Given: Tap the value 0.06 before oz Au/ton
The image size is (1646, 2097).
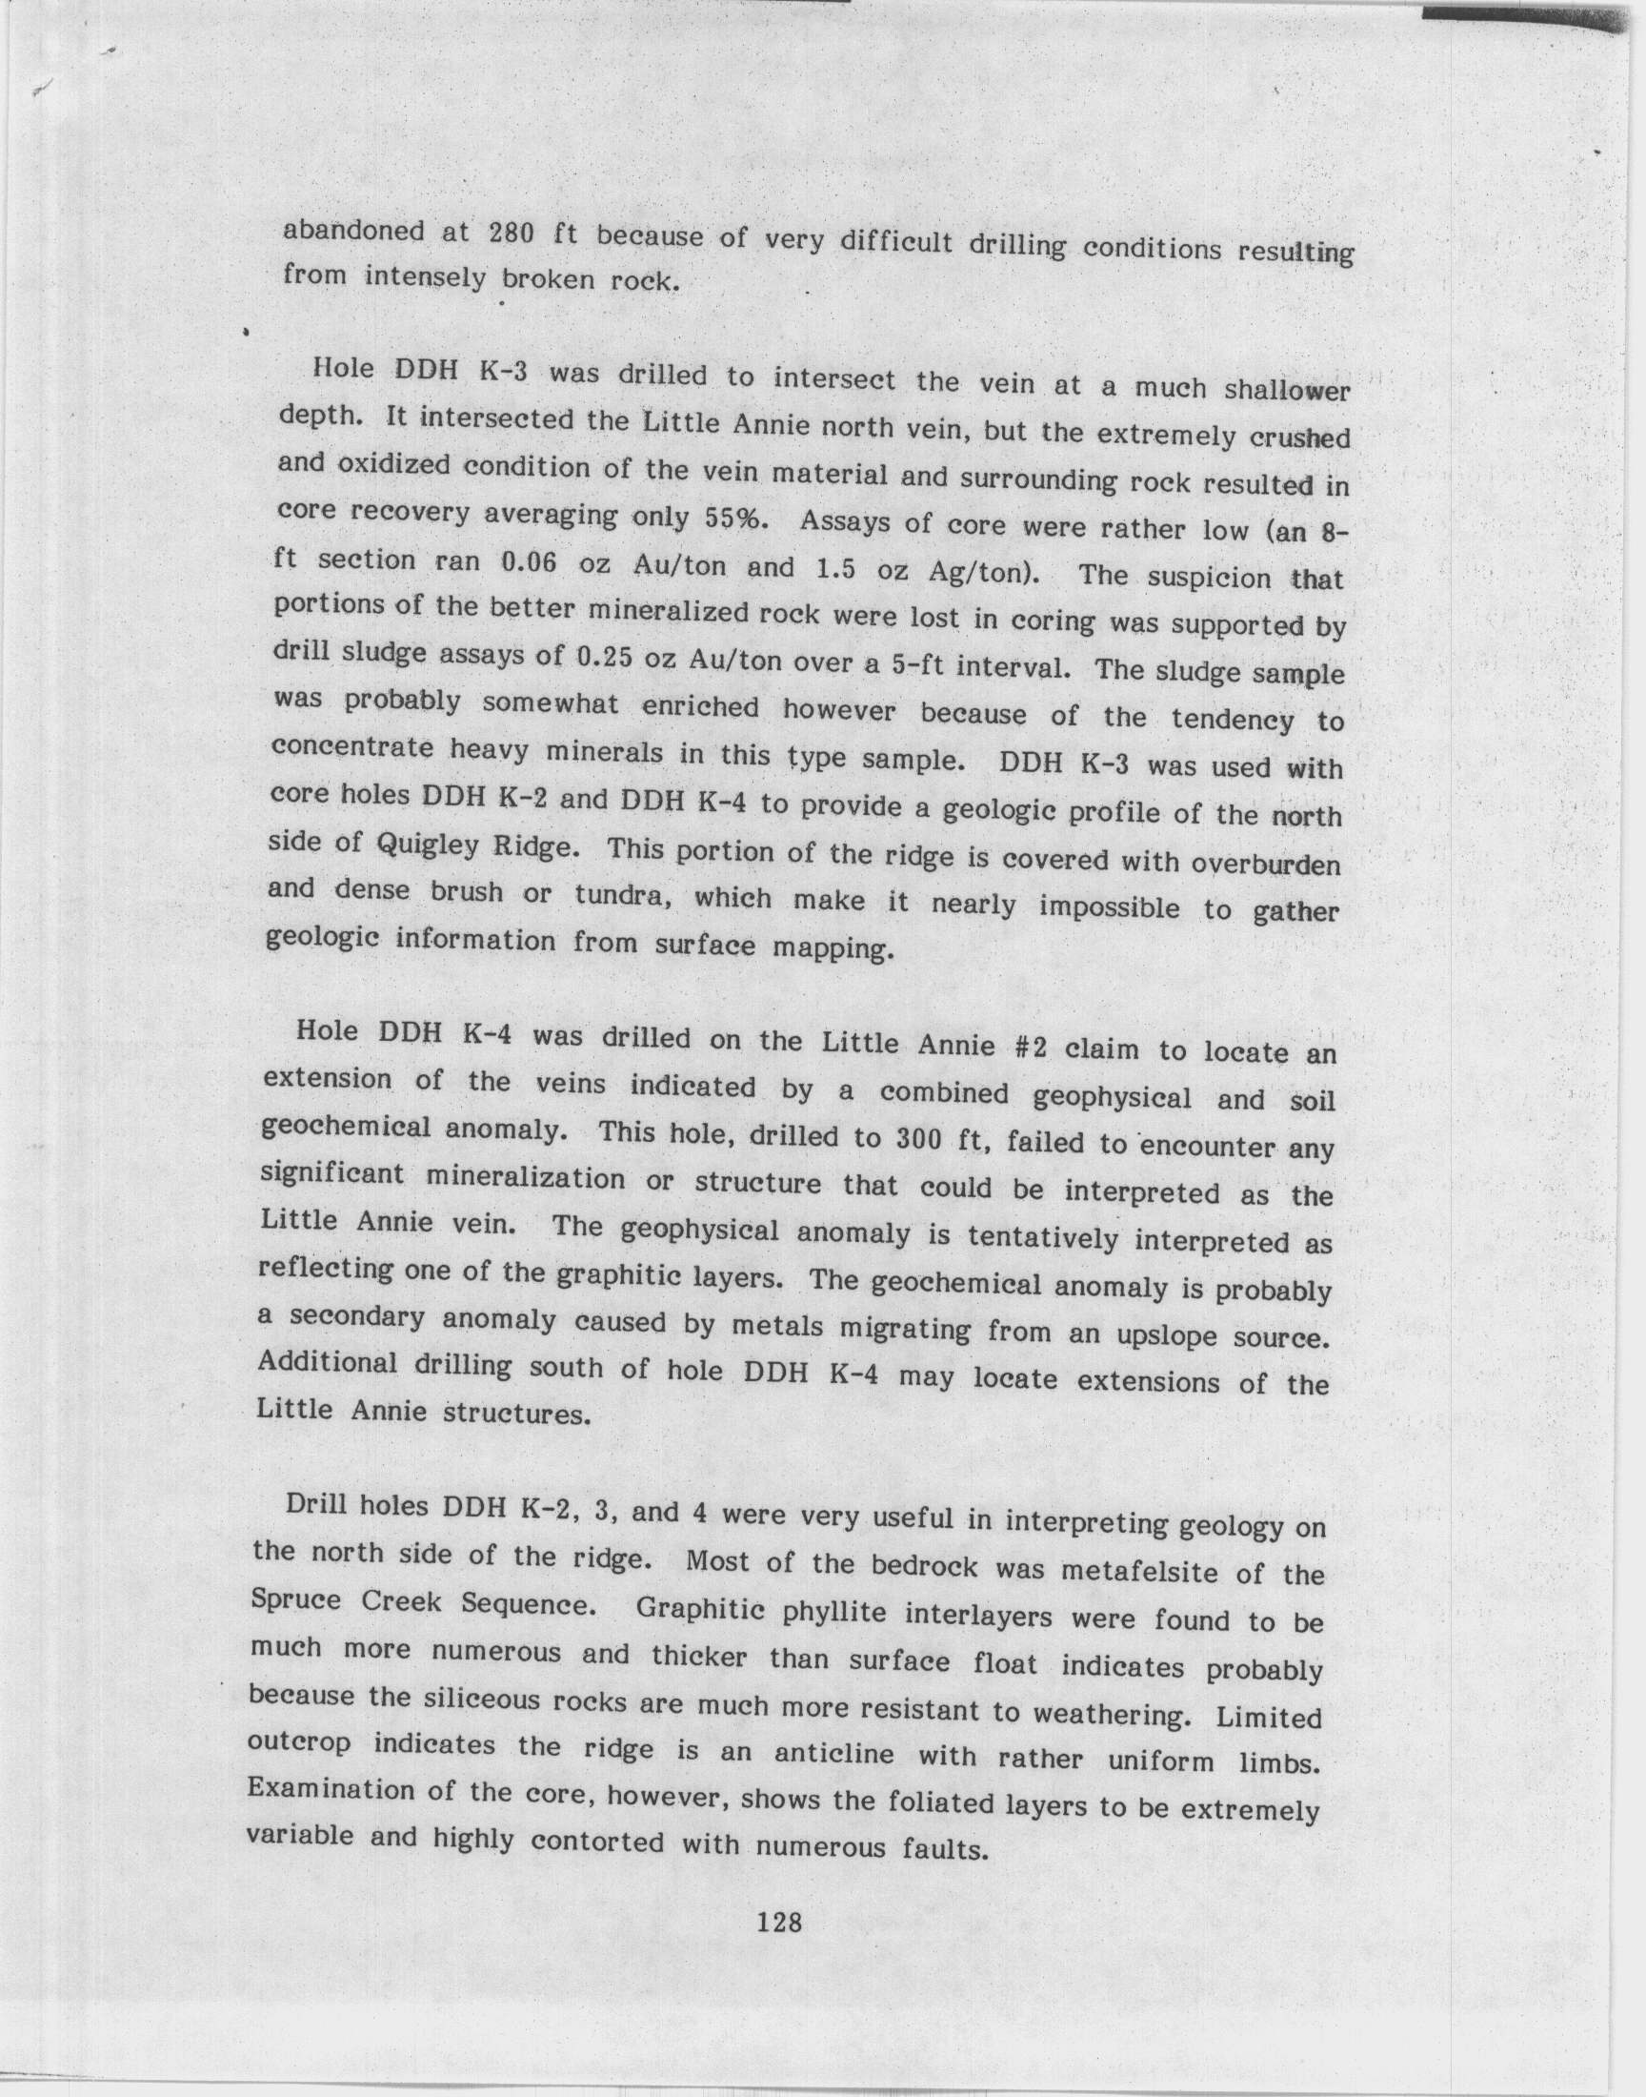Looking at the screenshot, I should pyautogui.click(x=531, y=563).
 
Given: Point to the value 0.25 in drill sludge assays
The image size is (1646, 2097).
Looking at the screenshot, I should pyautogui.click(x=610, y=659).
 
